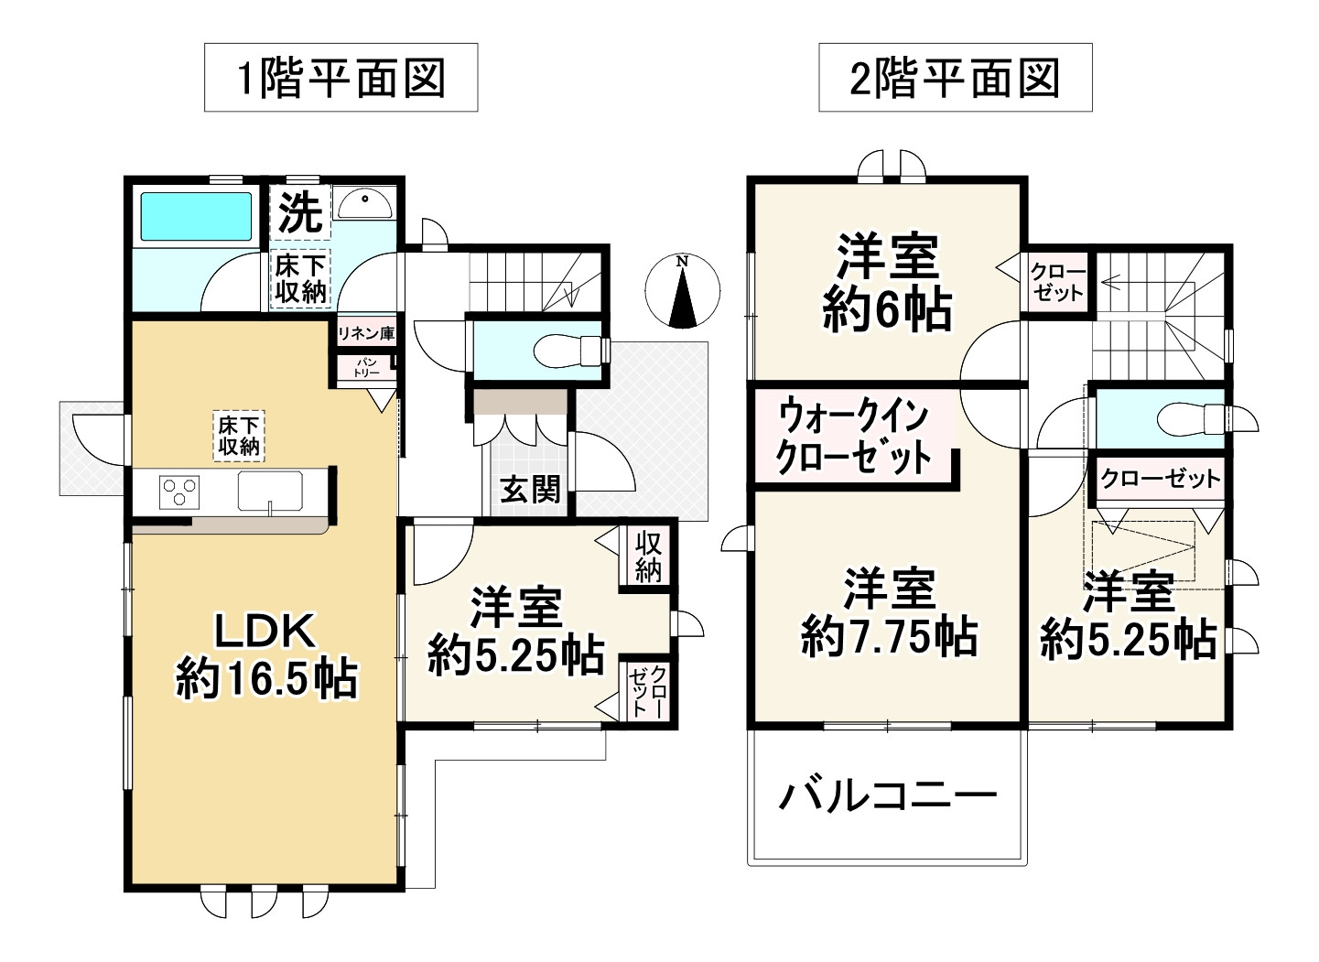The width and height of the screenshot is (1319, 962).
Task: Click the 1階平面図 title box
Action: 341,77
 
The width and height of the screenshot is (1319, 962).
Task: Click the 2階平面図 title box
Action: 955,77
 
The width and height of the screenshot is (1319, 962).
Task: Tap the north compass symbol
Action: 683,291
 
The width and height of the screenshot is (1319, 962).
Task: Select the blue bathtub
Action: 196,217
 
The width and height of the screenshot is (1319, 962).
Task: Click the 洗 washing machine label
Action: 300,212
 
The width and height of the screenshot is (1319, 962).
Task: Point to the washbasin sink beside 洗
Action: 365,204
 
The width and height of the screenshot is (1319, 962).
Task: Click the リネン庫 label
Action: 365,334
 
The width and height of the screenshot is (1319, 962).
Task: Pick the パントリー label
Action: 366,368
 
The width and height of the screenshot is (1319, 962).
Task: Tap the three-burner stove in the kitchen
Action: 179,492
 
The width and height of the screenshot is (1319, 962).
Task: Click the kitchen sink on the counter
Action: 270,491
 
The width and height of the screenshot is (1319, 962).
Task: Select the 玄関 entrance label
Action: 530,490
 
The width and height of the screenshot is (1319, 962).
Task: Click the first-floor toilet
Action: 569,351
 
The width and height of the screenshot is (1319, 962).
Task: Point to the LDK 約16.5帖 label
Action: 266,656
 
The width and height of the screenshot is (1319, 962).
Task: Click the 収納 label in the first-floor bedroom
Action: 648,557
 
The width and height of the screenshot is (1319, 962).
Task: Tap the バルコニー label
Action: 888,797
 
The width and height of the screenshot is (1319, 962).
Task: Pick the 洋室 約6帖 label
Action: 887,284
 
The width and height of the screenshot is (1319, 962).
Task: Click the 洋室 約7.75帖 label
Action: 889,613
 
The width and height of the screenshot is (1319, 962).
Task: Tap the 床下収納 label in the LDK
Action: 239,436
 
